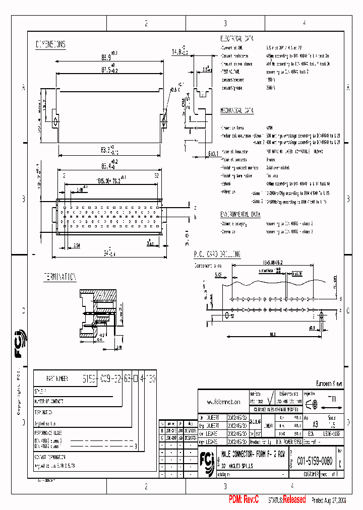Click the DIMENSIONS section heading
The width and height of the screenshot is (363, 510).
coord(50,44)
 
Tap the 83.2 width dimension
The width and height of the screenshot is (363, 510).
coord(104,150)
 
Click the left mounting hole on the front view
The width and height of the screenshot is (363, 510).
coord(55,121)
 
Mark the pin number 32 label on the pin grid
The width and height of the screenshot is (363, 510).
coord(156,175)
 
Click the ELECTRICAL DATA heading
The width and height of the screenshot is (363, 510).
coord(237,38)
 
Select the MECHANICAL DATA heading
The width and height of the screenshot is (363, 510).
coord(237,110)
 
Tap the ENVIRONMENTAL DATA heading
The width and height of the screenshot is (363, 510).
coord(240,214)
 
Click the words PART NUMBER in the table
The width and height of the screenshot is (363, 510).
coord(57,377)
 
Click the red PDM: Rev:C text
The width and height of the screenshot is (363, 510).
coord(244,499)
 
